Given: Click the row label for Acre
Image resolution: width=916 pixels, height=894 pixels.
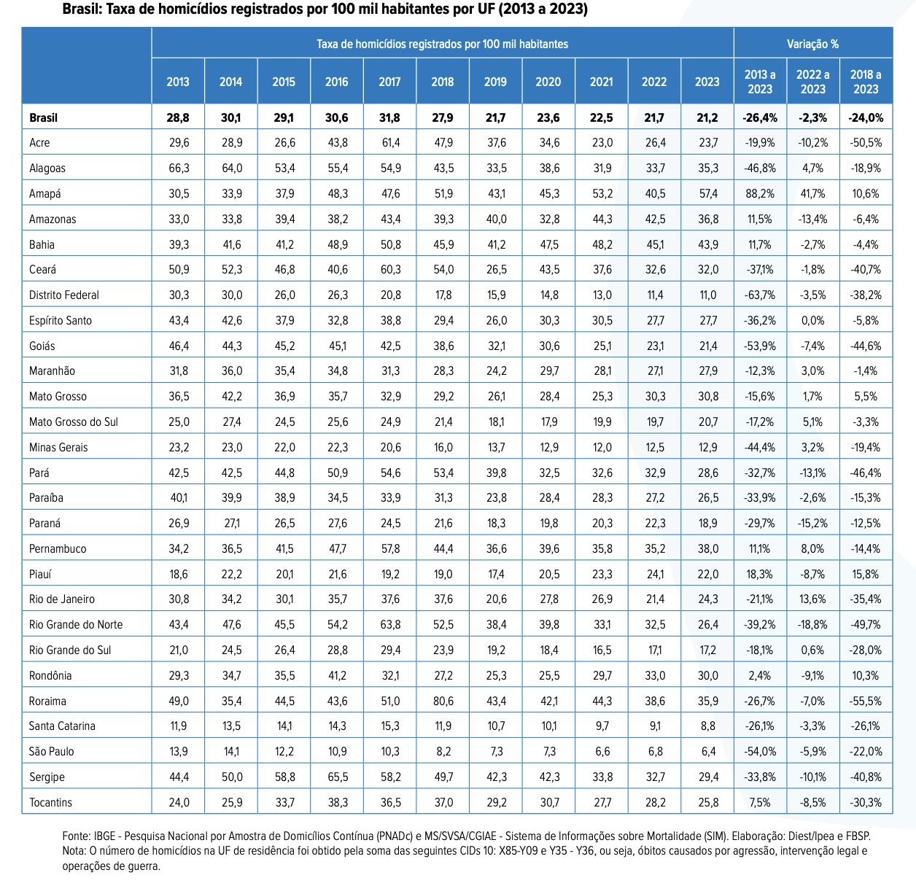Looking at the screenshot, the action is coord(39,143).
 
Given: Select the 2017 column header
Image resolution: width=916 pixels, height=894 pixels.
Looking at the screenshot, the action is coord(389,82).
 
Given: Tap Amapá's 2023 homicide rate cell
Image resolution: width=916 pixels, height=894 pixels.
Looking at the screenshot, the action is coord(708,193).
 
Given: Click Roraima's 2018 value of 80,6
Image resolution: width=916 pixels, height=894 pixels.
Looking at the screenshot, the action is coord(443,701).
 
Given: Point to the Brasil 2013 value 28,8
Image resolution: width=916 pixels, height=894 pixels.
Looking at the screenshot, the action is coord(178,117).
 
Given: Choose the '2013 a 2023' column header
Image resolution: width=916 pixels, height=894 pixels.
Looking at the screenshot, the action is coord(760,82).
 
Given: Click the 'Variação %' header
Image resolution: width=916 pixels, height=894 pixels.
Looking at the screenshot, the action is coord(813,44).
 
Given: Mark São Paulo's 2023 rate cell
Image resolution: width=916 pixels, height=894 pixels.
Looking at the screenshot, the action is coord(708,751).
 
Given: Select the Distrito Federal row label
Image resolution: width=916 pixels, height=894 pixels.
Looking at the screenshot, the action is coord(64,295).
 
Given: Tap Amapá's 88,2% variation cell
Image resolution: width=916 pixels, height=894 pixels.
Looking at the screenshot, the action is coord(760,193).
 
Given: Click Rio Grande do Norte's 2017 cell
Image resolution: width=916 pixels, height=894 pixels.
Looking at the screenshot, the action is coord(390,624).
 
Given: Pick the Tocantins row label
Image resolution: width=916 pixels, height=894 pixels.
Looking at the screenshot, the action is coord(50,802).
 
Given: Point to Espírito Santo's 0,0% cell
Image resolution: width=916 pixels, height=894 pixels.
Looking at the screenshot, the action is coord(813,320).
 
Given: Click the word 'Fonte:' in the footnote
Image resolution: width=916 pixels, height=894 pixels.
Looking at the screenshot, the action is coord(77,836).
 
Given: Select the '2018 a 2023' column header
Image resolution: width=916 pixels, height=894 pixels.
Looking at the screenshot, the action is coord(866,82).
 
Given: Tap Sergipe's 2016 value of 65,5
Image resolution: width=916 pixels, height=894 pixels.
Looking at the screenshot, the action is coord(338,777).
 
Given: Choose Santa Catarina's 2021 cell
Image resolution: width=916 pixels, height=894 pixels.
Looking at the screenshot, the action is coord(602,726).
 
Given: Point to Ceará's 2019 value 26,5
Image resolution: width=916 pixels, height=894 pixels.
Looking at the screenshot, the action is coord(496,270).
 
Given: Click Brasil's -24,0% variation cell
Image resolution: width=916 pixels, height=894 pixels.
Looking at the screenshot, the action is coord(866,117).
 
